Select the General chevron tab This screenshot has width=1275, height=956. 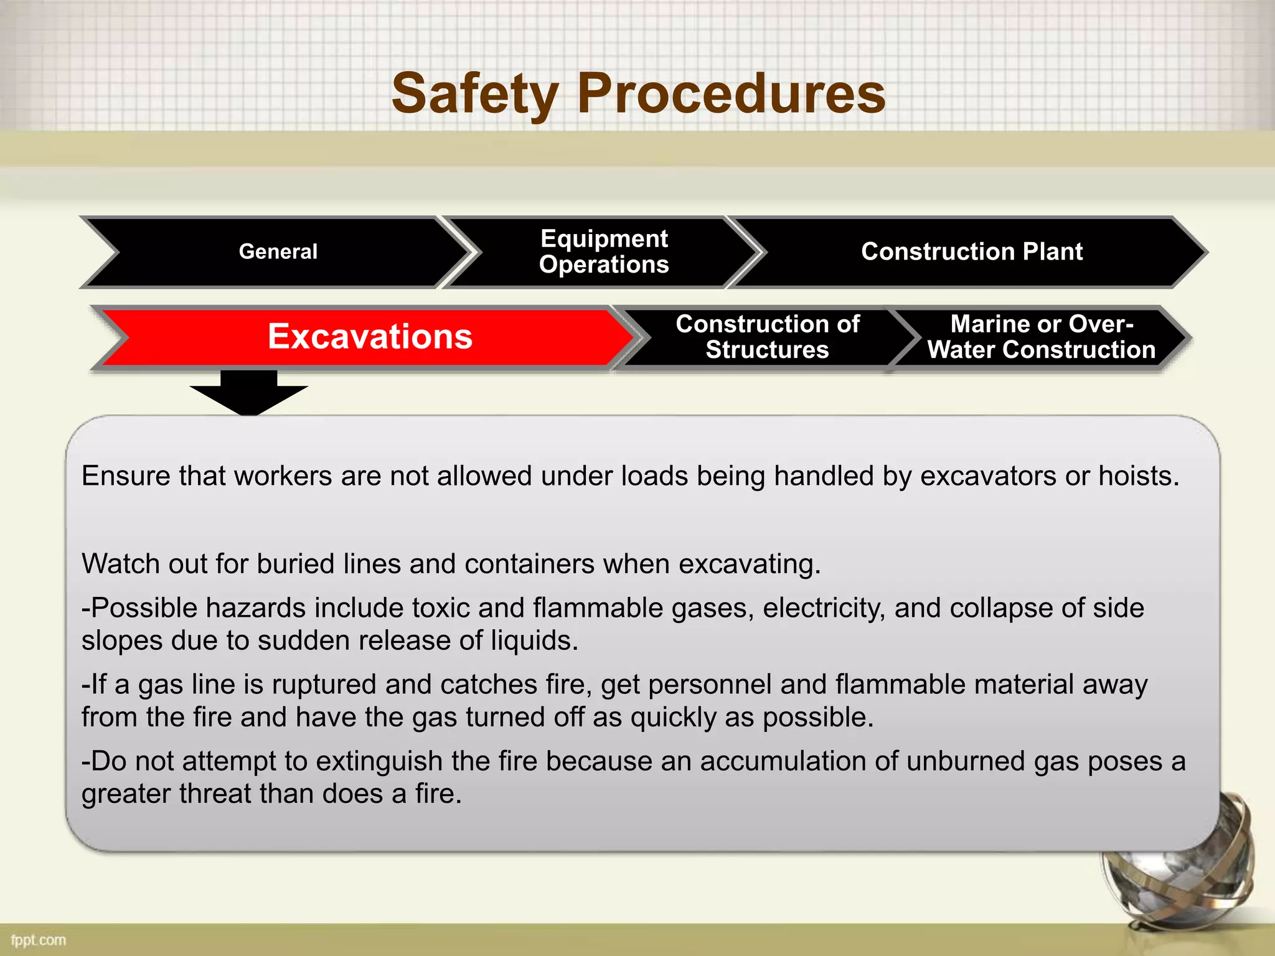point(278,251)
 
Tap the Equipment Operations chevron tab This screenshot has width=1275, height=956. point(604,251)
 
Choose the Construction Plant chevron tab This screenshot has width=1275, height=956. point(971,251)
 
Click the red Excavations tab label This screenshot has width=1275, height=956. point(370,337)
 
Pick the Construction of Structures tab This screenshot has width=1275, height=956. point(767,337)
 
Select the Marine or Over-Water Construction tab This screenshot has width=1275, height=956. point(1041,337)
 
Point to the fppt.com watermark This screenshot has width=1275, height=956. point(39,940)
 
